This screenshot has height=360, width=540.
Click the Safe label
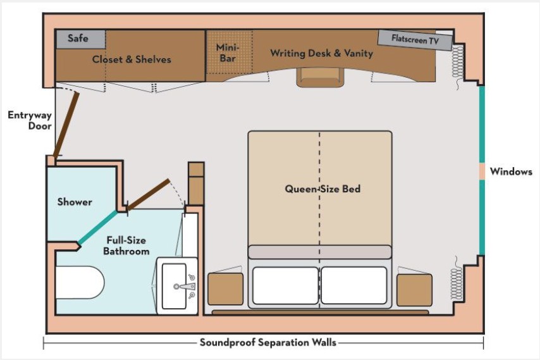[78, 38]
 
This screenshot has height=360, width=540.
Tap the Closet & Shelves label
[132, 59]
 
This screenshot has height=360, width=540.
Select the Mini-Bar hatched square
[229, 52]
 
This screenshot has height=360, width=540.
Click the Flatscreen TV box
[415, 40]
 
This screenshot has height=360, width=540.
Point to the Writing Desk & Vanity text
[322, 53]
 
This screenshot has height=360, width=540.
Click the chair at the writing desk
[320, 77]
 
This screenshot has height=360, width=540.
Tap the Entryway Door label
[30, 120]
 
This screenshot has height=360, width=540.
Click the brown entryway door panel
[66, 125]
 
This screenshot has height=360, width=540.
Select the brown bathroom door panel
[149, 194]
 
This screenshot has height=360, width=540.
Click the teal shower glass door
[97, 228]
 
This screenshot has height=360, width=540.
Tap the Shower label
[75, 202]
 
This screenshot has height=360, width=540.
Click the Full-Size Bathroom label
[126, 245]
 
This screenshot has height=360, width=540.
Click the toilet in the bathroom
[80, 282]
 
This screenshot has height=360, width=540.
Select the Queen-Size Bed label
[322, 189]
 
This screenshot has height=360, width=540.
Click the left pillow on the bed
[285, 285]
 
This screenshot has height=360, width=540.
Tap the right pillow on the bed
[353, 285]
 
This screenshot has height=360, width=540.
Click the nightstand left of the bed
[225, 289]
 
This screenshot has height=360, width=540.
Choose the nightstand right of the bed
[414, 290]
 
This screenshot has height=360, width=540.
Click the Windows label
[511, 171]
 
